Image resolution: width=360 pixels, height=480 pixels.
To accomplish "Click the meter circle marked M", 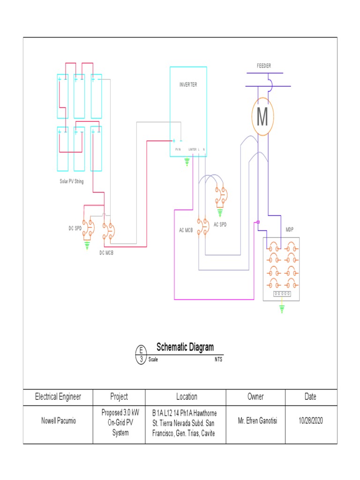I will click(262, 117).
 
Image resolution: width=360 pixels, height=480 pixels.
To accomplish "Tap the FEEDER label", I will click(263, 66).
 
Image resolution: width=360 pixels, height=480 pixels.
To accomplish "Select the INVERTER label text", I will click(188, 85).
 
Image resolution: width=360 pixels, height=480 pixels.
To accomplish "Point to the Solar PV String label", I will click(71, 181).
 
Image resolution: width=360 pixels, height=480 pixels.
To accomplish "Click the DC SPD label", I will click(75, 228).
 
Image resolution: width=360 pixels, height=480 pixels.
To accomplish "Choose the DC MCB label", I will click(106, 253).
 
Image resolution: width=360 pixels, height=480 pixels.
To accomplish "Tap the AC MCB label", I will click(186, 230).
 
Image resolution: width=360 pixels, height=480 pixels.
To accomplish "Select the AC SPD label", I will click(220, 225).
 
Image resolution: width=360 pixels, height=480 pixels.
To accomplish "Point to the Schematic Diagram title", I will click(185, 347).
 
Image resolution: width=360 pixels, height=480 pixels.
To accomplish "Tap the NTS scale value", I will click(218, 360).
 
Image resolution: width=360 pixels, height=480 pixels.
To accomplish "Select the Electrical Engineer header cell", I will click(58, 397).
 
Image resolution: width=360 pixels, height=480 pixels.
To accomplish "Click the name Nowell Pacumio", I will click(58, 421).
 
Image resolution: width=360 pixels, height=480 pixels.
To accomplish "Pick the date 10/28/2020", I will click(310, 421).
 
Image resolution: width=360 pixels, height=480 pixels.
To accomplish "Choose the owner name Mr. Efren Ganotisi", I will click(255, 421).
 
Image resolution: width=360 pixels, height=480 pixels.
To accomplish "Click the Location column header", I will click(187, 397).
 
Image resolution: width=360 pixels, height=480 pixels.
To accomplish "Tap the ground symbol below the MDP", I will click(282, 308).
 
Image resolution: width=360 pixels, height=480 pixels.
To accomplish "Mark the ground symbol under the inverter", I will click(187, 162).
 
